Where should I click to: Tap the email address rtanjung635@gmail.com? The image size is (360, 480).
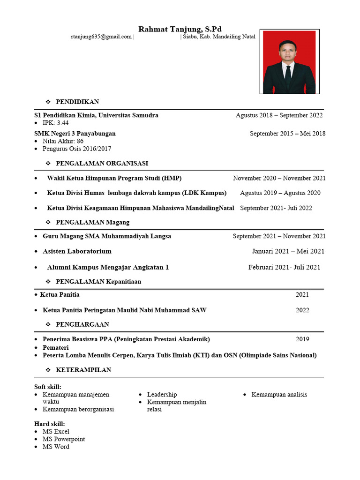click(x=101, y=37)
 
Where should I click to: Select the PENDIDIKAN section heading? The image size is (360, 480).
click(x=77, y=102)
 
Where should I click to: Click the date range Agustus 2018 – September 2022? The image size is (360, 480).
click(x=279, y=115)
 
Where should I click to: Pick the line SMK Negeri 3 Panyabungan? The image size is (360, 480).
click(x=75, y=134)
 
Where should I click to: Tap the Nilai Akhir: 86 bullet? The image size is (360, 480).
click(x=63, y=141)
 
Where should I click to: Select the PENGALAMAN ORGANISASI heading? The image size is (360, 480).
click(x=102, y=164)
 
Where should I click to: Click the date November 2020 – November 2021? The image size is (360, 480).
click(x=279, y=178)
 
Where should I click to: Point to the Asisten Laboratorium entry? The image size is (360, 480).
click(x=77, y=251)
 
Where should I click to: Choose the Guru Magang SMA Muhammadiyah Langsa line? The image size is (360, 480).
click(x=107, y=236)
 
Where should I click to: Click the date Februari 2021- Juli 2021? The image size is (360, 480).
click(x=284, y=267)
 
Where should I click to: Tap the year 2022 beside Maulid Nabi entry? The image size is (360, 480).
click(x=302, y=310)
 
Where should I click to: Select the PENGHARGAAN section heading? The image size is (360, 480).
click(x=82, y=324)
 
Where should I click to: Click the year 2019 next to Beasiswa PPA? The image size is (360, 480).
click(x=302, y=339)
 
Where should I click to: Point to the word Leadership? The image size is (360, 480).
click(x=162, y=395)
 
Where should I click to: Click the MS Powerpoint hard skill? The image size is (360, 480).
click(x=64, y=439)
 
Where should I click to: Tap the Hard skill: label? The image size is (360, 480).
click(x=50, y=424)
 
